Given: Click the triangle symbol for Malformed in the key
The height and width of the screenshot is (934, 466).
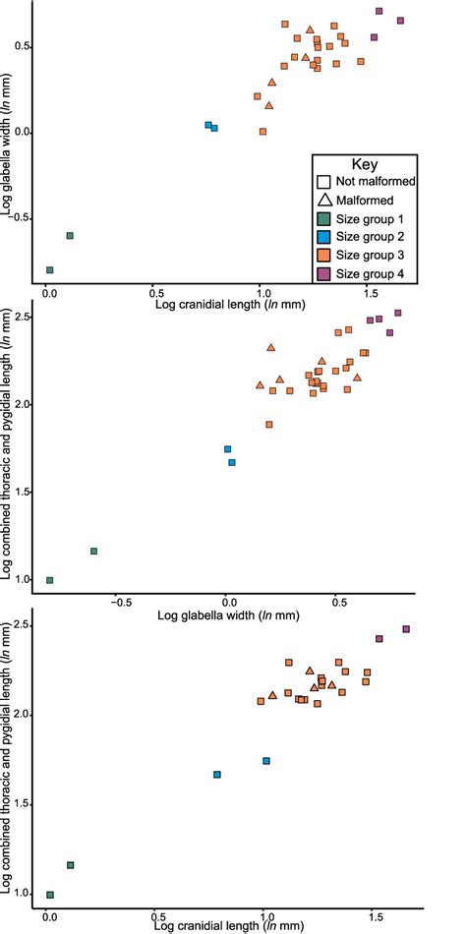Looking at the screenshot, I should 322,201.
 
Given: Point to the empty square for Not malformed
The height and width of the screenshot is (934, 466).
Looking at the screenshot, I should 322,182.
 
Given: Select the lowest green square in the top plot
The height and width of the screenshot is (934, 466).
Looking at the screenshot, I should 50,269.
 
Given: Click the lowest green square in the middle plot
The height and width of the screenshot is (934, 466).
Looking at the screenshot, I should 50,580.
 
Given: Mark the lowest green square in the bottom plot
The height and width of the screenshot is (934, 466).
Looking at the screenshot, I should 50,895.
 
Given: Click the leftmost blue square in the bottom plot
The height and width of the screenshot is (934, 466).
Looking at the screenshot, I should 217,775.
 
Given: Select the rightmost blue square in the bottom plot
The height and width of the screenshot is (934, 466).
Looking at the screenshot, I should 265,761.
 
